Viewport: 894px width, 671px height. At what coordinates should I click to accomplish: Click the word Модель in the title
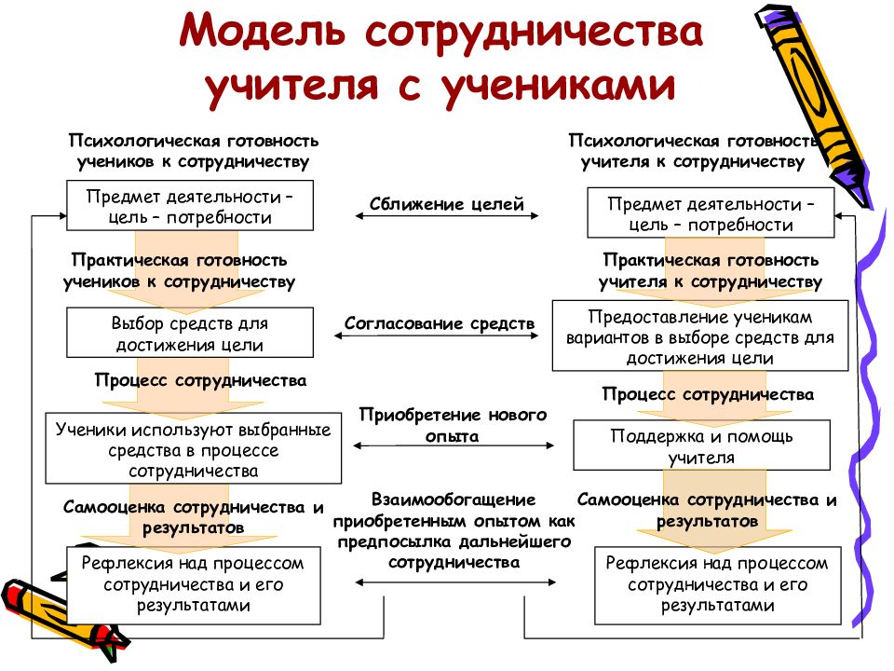click(263, 32)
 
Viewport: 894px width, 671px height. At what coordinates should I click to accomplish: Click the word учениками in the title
click(558, 86)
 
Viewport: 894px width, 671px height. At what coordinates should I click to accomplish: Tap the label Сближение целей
click(446, 204)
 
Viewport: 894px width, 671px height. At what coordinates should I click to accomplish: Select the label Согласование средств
click(440, 323)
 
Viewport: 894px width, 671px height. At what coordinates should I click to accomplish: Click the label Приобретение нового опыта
click(453, 425)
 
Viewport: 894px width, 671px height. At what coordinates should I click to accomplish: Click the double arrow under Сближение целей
click(446, 216)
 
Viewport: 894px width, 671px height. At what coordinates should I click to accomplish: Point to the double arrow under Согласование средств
click(436, 336)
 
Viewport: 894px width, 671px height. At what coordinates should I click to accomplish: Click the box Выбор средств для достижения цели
click(190, 333)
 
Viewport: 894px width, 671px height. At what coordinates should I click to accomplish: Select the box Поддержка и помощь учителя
click(701, 445)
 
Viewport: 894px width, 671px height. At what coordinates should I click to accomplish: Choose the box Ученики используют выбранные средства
click(194, 448)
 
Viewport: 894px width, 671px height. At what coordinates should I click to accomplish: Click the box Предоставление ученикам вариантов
click(700, 336)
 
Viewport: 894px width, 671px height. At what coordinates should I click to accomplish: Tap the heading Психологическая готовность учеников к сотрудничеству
click(194, 151)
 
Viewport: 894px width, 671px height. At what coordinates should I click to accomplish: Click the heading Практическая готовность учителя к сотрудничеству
click(711, 271)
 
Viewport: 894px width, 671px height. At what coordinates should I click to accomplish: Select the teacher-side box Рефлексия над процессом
click(718, 585)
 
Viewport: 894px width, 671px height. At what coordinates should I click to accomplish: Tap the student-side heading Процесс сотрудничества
click(201, 380)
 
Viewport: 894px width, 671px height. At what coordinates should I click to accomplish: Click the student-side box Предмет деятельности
click(190, 205)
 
